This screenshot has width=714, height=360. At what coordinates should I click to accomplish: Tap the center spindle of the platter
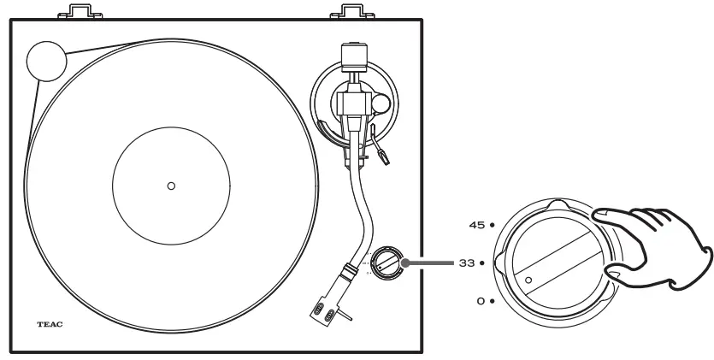click(x=170, y=186)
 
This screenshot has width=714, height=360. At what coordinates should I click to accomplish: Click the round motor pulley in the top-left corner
click(x=45, y=61)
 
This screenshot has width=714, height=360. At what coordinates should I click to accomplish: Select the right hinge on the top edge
click(x=352, y=12)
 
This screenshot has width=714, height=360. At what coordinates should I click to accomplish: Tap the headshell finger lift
click(x=344, y=317)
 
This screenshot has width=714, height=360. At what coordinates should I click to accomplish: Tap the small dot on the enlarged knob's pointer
click(x=528, y=280)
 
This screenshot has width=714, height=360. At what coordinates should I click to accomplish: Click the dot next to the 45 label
click(x=492, y=225)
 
